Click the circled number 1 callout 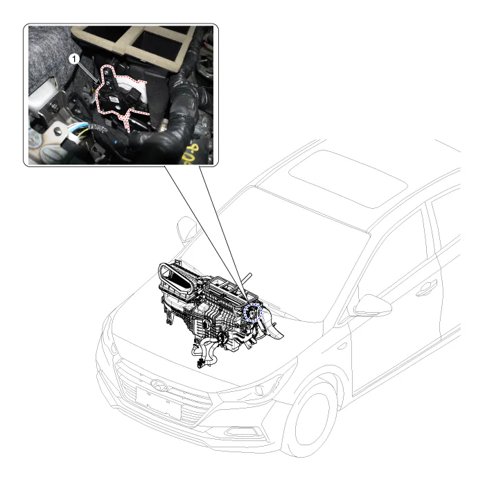(74, 59)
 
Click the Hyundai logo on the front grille (159, 385)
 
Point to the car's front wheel (310, 420)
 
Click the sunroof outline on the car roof (348, 179)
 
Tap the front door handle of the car (426, 289)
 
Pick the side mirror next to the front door (373, 306)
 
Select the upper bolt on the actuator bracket (107, 72)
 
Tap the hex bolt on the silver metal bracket (55, 107)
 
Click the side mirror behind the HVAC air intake (186, 228)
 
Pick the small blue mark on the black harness (116, 143)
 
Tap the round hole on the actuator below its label (118, 108)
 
